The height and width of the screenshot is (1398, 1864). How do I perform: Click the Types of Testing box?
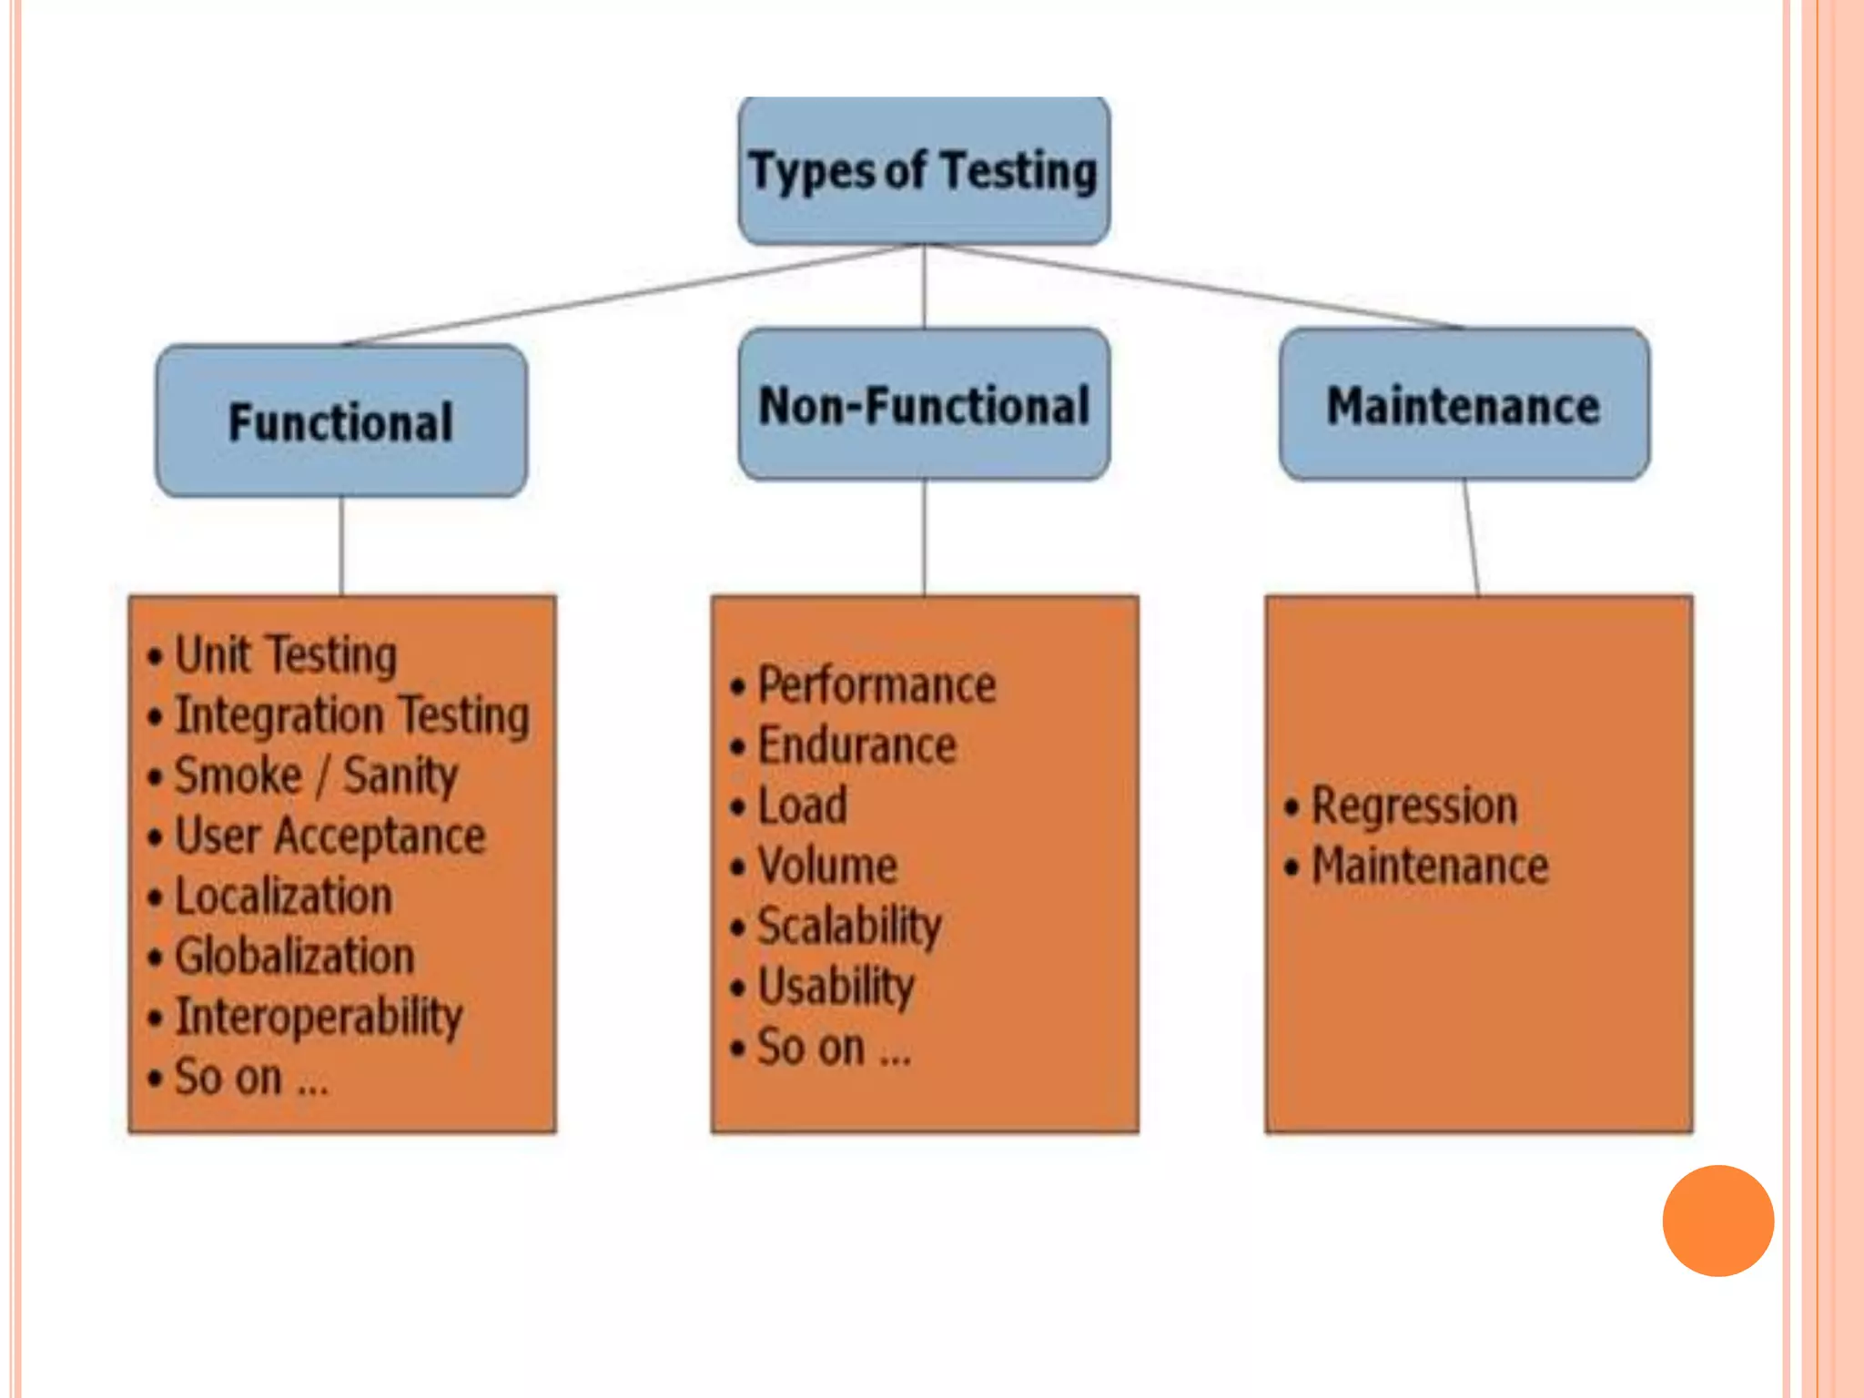924,170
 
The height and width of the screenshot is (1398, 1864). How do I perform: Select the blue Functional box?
341,421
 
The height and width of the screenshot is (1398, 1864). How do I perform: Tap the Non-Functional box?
924,405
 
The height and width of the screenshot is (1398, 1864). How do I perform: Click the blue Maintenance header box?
1464,405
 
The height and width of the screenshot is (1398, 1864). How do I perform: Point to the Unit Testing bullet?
285,655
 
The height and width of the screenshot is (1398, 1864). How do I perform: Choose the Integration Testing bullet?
351,715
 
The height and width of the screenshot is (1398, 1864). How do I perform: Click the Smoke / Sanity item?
316,776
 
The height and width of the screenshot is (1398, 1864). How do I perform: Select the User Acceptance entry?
329,836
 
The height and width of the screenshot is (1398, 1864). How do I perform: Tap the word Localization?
283,897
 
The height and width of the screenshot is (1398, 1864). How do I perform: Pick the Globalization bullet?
294,957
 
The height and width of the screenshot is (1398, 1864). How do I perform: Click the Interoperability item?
319,1017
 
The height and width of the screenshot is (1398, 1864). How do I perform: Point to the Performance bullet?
876,685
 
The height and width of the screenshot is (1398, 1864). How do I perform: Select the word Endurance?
856,746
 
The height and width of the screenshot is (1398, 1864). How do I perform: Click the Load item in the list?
802,806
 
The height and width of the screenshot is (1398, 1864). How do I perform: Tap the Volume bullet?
827,866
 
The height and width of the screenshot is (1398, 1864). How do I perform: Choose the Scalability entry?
849,927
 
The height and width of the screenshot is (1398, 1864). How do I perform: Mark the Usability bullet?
836,987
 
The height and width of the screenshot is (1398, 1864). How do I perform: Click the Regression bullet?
1413,806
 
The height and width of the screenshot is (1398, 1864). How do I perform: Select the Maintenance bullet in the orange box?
1429,866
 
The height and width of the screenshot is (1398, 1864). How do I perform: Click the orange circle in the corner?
1717,1221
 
